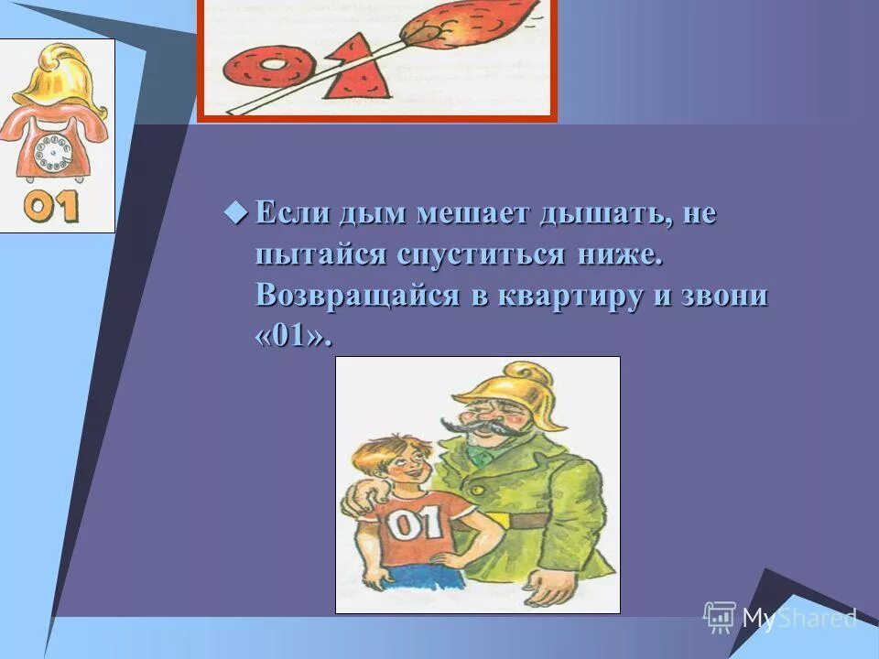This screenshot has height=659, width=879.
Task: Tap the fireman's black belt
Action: tap(536, 520)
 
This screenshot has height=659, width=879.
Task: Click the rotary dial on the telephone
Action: tap(53, 151)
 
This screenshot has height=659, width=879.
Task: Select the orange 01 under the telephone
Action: tap(52, 207)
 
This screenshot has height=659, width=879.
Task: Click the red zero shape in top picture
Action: tap(271, 70)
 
